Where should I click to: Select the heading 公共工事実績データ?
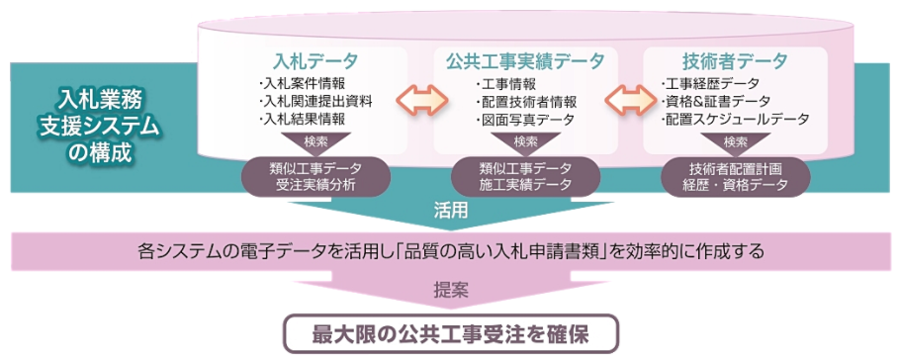pos(525,60)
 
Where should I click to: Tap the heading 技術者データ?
pos(734,60)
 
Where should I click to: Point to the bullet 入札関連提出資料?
pos(315,100)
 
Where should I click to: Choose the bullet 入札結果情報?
pos(304,119)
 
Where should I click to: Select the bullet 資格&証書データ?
pos(718,100)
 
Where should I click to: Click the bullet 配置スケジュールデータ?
pos(736,119)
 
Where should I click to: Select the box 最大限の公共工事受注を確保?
pos(450,332)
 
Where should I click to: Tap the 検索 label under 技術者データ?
pos(735,141)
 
